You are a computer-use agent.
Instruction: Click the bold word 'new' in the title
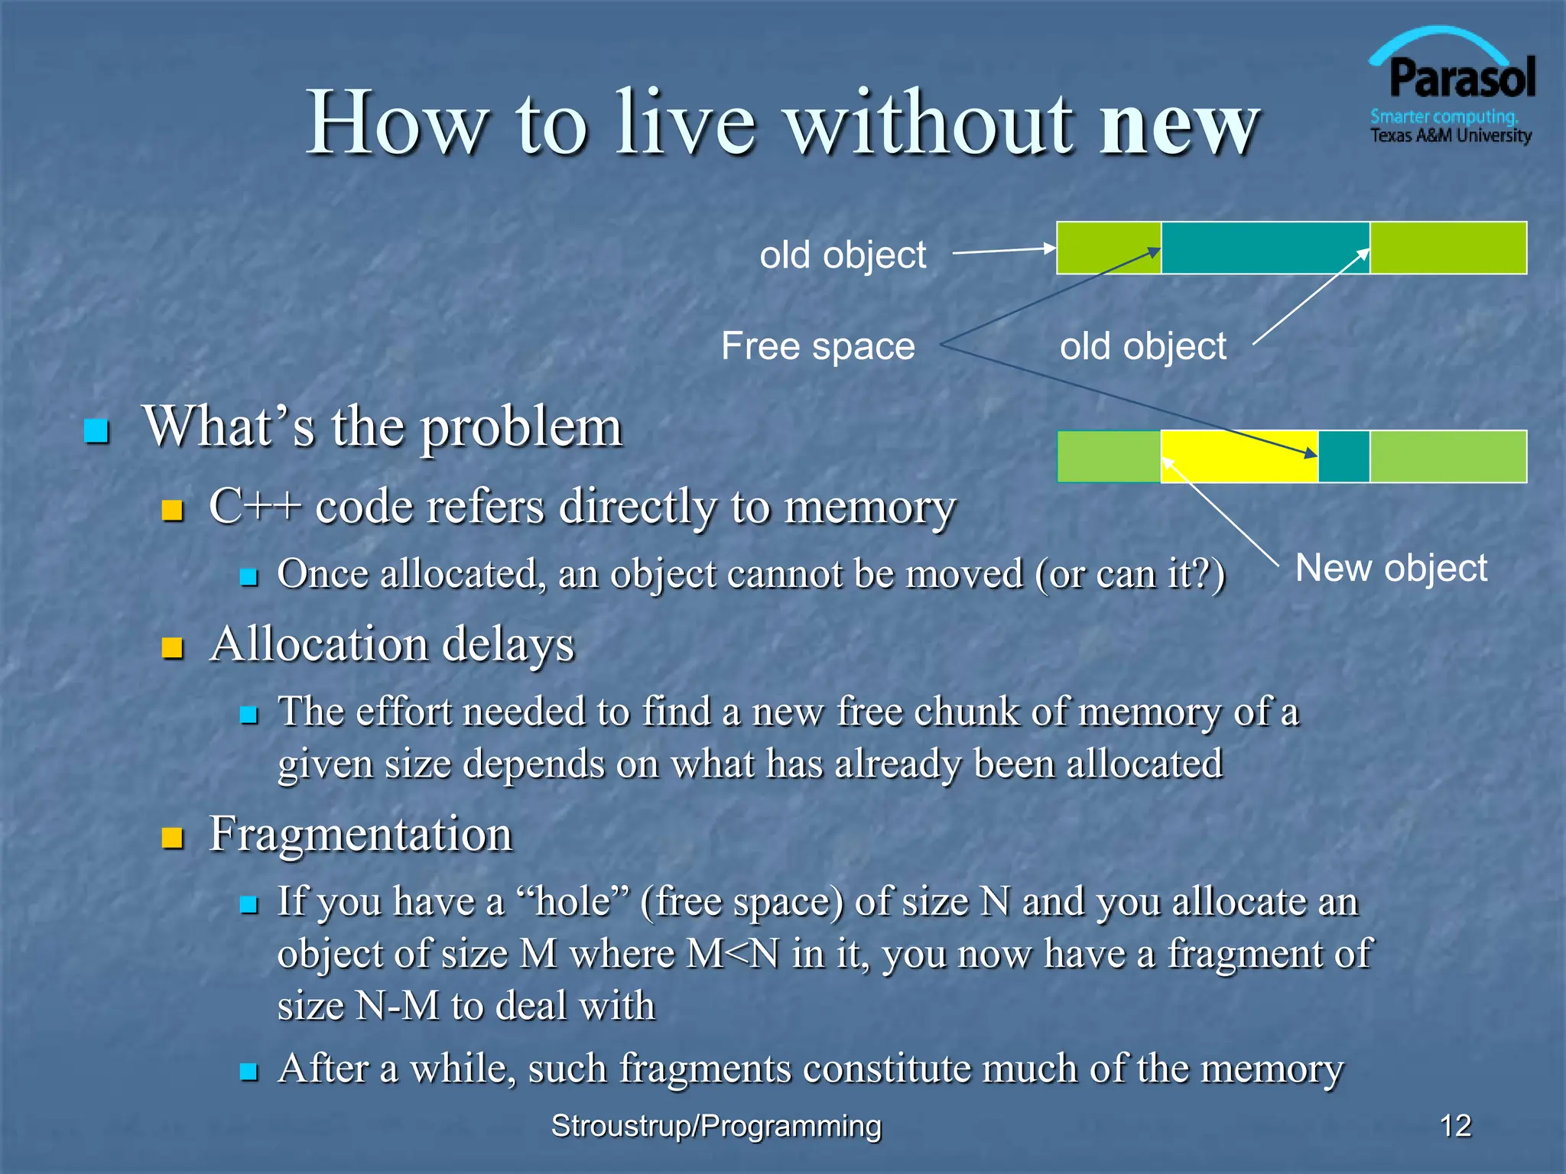click(1178, 124)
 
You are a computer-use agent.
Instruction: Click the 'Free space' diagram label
click(817, 346)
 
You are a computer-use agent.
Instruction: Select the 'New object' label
click(1391, 568)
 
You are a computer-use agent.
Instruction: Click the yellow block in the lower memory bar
click(1239, 456)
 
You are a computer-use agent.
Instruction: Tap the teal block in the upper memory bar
click(1265, 248)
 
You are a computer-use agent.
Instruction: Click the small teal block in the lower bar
click(1343, 456)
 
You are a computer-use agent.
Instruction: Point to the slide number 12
click(1455, 1126)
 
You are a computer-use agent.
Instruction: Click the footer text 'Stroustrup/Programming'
click(716, 1126)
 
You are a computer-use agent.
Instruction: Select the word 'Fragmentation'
click(360, 834)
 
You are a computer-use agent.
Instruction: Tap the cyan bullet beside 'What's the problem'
click(96, 431)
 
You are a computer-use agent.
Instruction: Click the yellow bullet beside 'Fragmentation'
click(173, 838)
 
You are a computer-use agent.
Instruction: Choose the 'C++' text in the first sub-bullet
click(254, 506)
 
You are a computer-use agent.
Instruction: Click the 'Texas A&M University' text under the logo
click(1451, 136)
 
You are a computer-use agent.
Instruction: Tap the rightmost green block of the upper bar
click(1447, 248)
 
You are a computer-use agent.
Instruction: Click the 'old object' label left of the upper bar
click(843, 255)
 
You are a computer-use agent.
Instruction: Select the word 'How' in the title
click(398, 124)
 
